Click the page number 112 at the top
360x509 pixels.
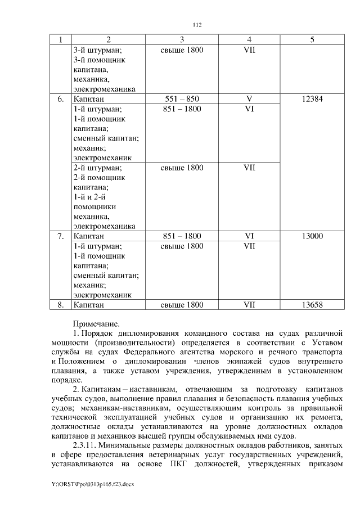(197, 25)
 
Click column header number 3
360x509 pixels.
(182, 40)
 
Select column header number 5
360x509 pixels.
(312, 40)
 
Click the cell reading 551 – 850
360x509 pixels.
(182, 99)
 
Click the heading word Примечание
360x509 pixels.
(96, 324)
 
